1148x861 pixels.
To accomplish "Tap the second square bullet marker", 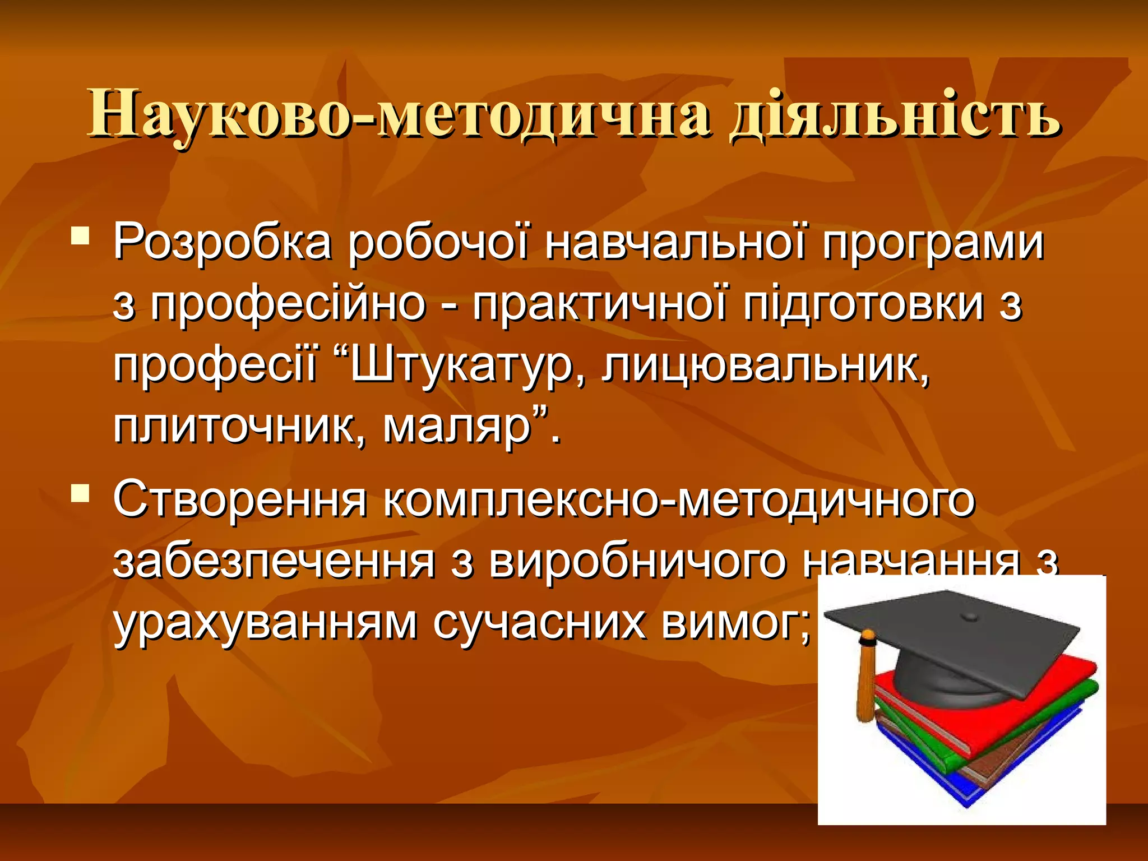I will pos(81,493).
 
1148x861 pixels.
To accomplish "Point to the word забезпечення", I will pos(274,562).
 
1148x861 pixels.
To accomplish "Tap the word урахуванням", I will pos(265,623).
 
